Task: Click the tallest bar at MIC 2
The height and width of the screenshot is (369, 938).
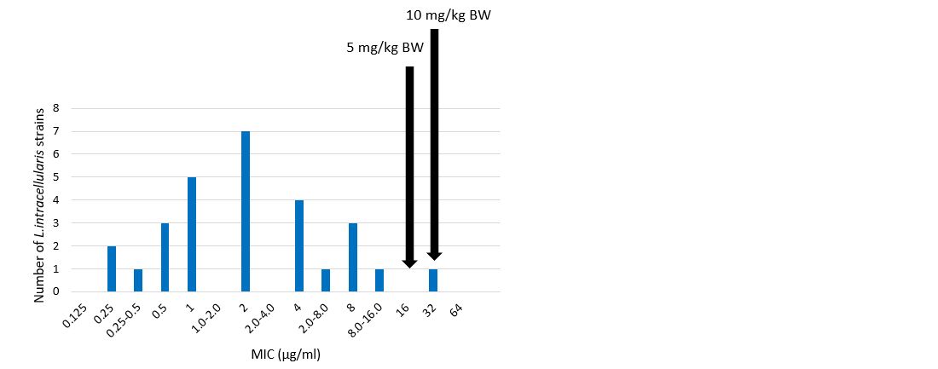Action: pyautogui.click(x=246, y=211)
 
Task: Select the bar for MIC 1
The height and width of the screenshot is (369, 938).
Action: pyautogui.click(x=192, y=234)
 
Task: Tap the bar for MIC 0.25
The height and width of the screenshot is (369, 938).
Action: pyautogui.click(x=112, y=268)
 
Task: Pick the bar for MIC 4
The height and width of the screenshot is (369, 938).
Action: pyautogui.click(x=299, y=245)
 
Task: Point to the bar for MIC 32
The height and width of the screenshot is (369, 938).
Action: pyautogui.click(x=433, y=280)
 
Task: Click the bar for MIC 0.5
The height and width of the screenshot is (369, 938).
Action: pyautogui.click(x=165, y=257)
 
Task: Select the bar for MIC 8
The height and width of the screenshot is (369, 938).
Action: pyautogui.click(x=353, y=257)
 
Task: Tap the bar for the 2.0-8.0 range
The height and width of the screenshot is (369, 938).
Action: pyautogui.click(x=326, y=280)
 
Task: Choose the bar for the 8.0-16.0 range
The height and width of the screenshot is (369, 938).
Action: pyautogui.click(x=379, y=280)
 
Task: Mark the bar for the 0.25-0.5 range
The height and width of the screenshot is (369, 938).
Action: pyautogui.click(x=138, y=280)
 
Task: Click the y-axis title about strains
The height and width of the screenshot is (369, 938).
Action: pyautogui.click(x=40, y=205)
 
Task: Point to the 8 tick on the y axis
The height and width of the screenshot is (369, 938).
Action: pyautogui.click(x=56, y=108)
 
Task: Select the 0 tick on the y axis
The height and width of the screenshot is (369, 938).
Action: pyautogui.click(x=56, y=291)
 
